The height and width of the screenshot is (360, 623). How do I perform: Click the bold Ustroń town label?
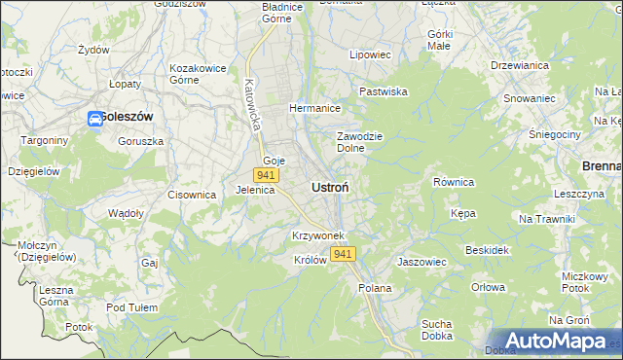coord(331,186)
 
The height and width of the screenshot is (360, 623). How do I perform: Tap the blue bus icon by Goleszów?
coord(95,119)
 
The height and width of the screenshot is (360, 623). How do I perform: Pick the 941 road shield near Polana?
coord(342,254)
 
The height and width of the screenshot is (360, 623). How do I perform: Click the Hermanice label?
coord(313,109)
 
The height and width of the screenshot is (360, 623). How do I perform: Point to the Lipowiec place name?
coord(370,55)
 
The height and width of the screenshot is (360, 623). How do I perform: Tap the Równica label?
coord(453,182)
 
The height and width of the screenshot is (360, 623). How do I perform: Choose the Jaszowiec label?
coord(421,262)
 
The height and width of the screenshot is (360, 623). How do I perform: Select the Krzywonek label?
coord(314,236)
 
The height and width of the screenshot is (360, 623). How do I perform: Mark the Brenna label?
coord(601,166)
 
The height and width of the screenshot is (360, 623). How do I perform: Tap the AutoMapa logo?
coord(554,341)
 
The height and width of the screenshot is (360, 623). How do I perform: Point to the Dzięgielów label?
coord(34,170)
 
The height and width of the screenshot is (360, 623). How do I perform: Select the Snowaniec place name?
coord(529,98)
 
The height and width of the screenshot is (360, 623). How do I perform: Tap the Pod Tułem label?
coord(131,307)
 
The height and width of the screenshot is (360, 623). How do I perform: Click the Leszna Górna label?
coord(56,296)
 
